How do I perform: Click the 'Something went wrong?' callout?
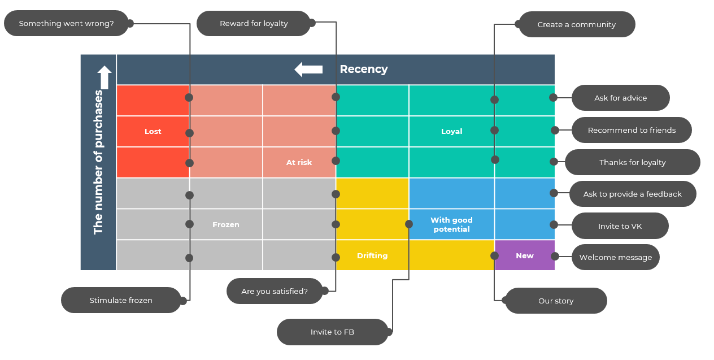pos(66,24)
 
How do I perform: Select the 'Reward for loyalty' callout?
pos(254,24)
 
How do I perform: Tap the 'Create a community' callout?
pos(576,25)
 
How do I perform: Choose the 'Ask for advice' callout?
pos(620,98)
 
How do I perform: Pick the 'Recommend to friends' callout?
pos(632,131)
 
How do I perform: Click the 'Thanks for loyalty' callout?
pos(632,163)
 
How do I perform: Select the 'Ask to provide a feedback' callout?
pos(632,194)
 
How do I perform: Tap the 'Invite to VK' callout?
pos(620,227)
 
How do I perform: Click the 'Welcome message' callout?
pos(615,258)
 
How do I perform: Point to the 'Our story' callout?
pos(555,301)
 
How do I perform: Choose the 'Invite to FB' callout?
pos(332,332)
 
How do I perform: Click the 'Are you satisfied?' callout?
pos(275,292)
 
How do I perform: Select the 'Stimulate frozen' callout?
pos(121,301)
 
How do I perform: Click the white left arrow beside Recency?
pos(308,70)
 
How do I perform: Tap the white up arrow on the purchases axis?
pos(105,77)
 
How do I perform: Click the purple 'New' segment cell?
pos(524,256)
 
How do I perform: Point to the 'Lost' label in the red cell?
pos(153,132)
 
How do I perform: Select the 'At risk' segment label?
pos(299,163)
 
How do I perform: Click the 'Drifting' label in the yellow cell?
pos(372,256)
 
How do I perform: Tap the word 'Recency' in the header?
pos(363,70)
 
